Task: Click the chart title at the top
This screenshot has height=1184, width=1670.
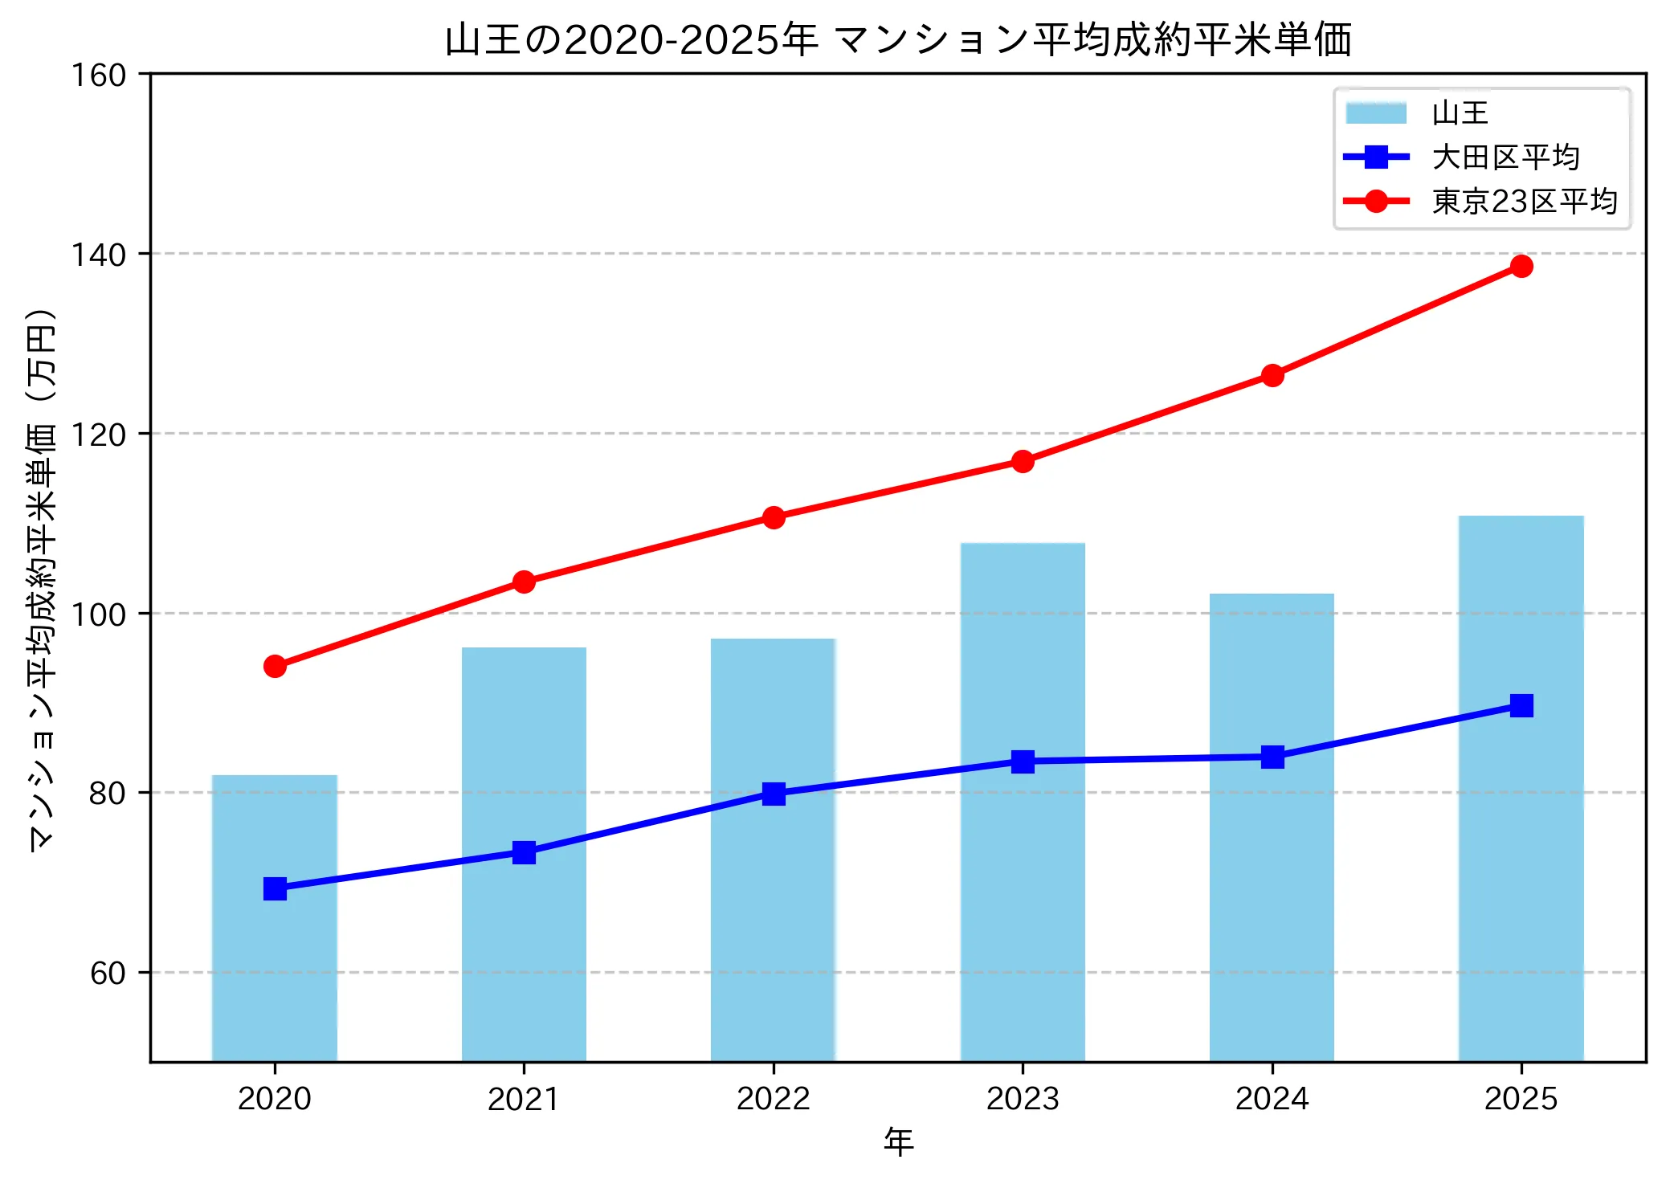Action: click(898, 40)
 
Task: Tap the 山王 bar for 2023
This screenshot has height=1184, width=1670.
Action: click(1023, 803)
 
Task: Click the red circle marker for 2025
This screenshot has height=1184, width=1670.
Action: click(1521, 266)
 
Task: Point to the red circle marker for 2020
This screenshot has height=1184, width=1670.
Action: click(275, 666)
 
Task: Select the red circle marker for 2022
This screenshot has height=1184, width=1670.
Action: click(774, 517)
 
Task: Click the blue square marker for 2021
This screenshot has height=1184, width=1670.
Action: click(524, 852)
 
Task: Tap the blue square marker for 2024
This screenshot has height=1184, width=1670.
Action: click(1272, 757)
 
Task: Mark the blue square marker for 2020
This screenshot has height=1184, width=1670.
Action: click(275, 888)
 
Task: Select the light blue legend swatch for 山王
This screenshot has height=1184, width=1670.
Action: click(1376, 113)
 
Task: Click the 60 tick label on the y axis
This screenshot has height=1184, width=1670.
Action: click(108, 973)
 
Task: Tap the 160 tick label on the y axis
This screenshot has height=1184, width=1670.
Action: click(99, 76)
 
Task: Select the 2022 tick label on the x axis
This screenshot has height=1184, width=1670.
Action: click(774, 1099)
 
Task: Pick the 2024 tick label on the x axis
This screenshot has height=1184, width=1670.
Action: click(1272, 1099)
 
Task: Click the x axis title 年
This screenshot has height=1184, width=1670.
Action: click(898, 1142)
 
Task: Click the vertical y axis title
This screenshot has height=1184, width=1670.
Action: click(42, 578)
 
